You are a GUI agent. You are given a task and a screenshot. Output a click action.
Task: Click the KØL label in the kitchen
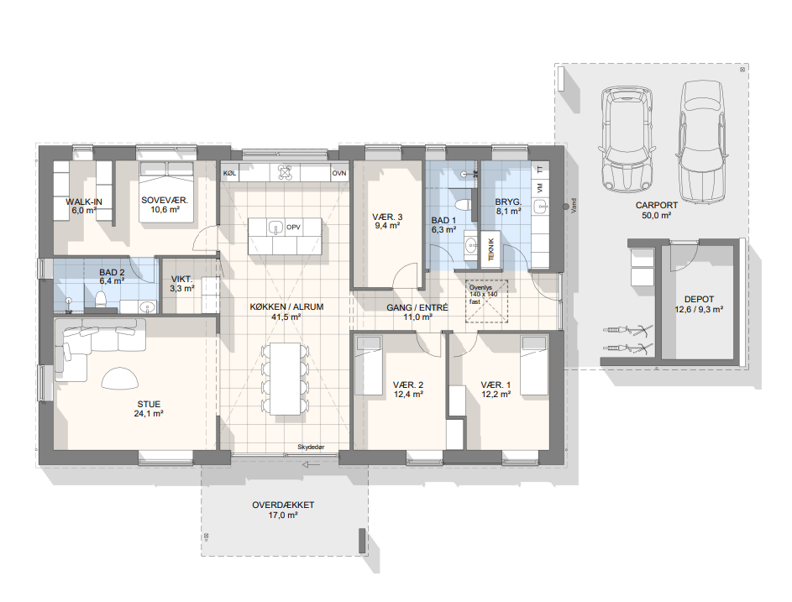229,173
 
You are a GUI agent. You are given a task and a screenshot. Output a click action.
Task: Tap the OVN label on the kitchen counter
339,173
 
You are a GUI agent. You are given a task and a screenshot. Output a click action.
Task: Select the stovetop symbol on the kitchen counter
285,173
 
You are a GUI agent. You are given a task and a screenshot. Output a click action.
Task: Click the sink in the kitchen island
275,228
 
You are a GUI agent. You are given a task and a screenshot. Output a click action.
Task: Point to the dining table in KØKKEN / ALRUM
286,379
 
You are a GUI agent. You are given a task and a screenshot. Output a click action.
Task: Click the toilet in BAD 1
463,206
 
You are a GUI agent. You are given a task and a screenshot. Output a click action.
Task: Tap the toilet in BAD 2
100,300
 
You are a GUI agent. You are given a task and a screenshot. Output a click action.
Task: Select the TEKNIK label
491,249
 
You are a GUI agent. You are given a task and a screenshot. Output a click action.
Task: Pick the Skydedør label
311,447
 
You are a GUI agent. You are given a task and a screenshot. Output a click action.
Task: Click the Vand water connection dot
566,207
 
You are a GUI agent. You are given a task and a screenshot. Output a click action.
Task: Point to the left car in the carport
626,139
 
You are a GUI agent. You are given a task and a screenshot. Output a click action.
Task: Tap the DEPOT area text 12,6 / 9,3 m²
699,310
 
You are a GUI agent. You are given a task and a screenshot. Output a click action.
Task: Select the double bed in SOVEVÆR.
166,192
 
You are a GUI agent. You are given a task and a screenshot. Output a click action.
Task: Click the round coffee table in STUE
120,379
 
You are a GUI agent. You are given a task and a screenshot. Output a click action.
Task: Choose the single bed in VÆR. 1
534,365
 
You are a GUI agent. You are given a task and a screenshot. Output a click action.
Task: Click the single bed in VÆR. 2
368,365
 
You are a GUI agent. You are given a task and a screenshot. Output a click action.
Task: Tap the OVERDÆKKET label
283,505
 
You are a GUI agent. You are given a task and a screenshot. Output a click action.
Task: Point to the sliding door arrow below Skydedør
310,464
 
